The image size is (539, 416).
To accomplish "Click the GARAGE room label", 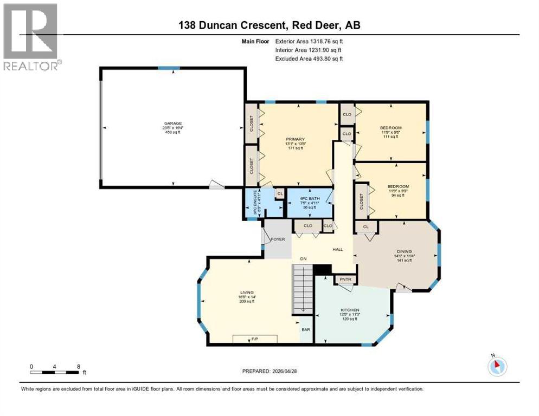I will (x=174, y=123).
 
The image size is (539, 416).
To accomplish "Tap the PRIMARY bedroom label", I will (x=296, y=139).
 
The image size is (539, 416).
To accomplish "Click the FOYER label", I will (x=278, y=239).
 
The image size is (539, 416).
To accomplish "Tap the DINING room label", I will (x=404, y=251).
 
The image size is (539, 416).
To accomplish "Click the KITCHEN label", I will (x=350, y=310).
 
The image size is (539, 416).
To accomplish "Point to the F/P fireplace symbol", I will (x=254, y=339).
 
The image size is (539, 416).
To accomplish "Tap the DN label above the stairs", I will (x=304, y=259).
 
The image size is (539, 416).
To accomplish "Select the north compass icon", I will (x=497, y=366).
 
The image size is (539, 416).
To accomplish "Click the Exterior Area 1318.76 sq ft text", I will (x=309, y=41).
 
